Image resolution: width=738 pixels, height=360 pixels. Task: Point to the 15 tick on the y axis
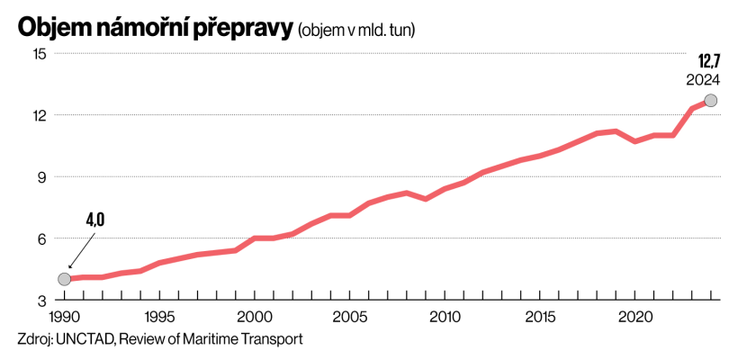coord(39,54)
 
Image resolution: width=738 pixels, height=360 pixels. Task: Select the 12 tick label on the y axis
coord(39,115)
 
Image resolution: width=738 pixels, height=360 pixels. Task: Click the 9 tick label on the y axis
coord(42,177)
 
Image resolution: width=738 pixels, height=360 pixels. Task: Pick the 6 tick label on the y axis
coord(42,238)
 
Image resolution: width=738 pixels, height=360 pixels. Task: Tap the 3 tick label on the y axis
coord(42,300)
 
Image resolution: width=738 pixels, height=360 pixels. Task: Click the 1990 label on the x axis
coord(64,318)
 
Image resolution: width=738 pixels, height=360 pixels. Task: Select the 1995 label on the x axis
coord(159,318)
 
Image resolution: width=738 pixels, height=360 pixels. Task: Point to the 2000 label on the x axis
coord(255,318)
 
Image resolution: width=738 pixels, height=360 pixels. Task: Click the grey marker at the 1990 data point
coord(64,279)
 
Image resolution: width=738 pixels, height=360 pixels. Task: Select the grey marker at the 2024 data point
coord(711,101)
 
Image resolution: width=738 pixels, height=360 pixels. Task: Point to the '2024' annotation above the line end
coord(703,79)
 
